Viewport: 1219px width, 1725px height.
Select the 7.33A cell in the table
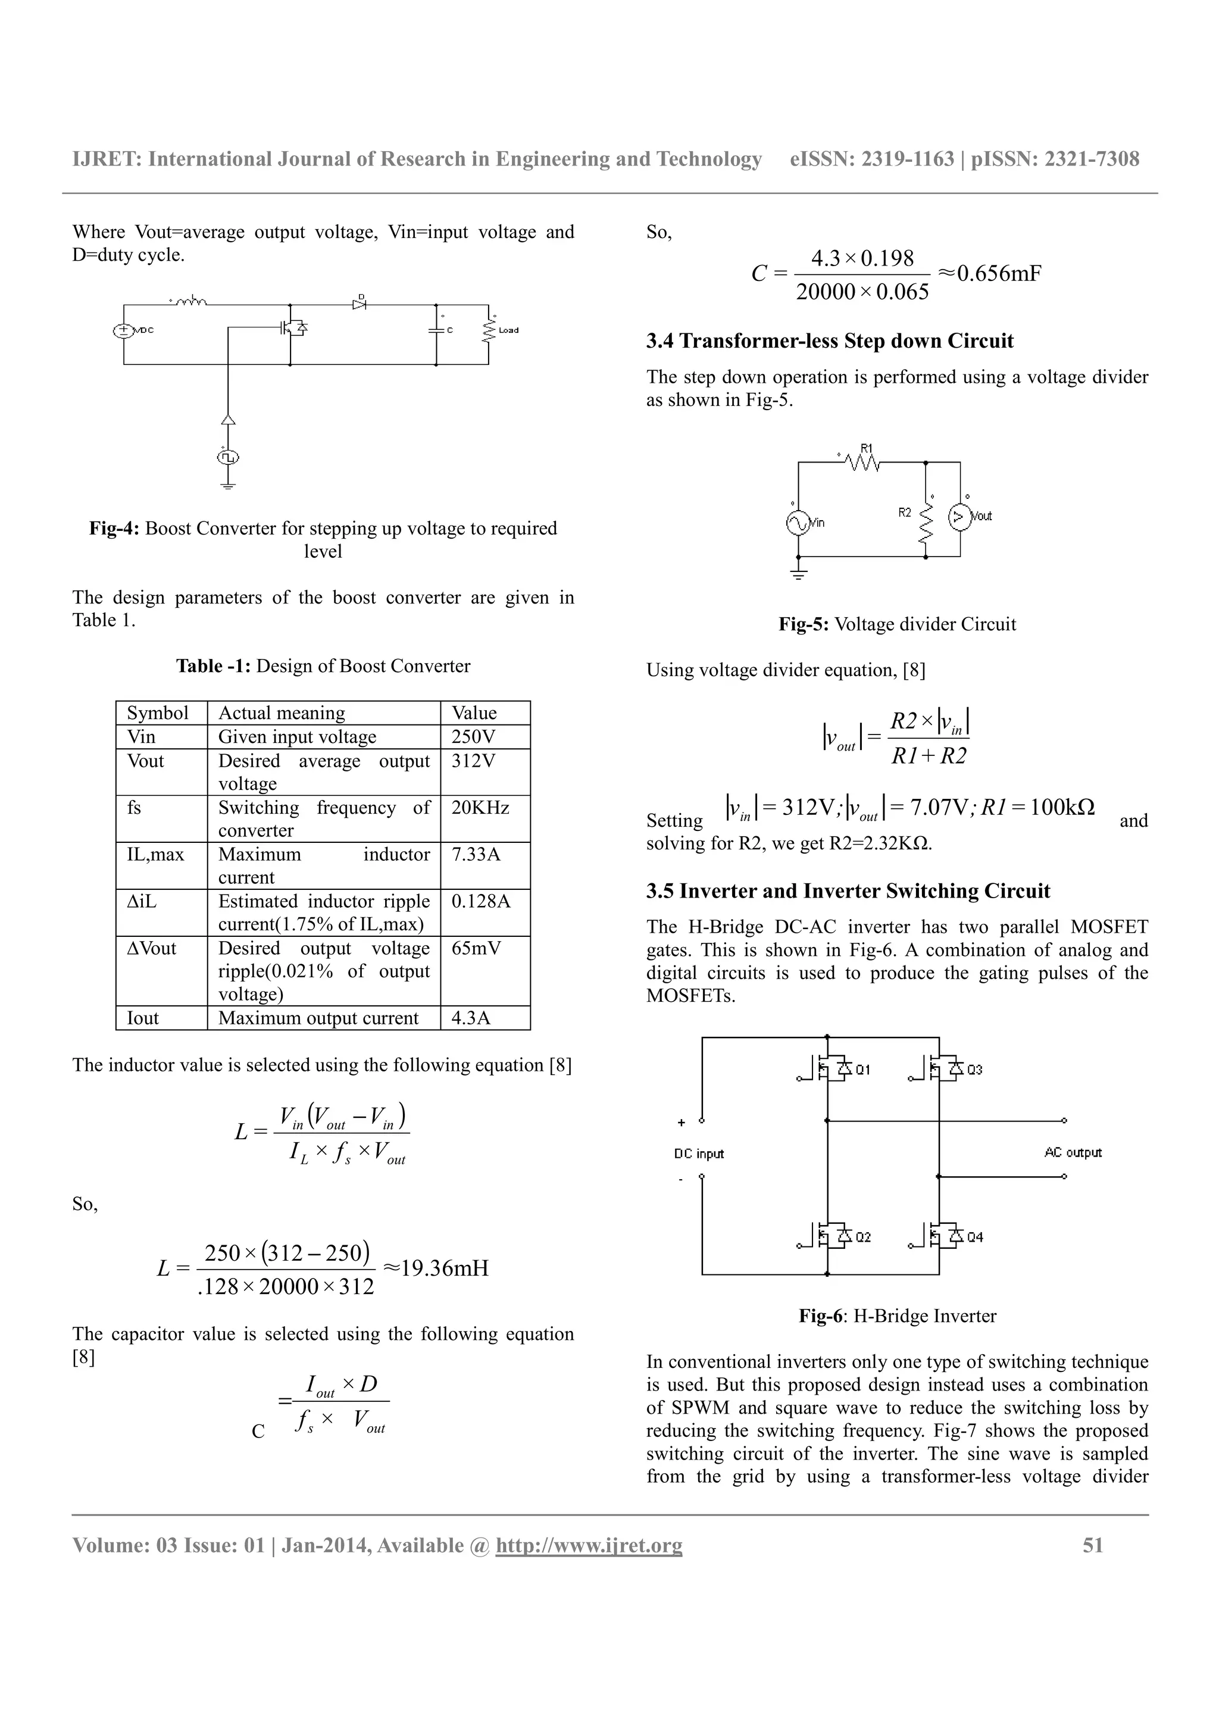[476, 854]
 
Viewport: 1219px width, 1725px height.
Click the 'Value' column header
[474, 713]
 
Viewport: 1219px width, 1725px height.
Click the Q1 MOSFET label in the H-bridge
[863, 1069]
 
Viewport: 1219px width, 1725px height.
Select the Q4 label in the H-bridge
[974, 1237]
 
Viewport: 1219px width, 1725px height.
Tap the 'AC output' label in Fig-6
[1073, 1152]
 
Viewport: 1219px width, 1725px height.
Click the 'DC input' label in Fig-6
[699, 1154]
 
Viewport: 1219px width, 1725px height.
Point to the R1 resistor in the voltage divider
[863, 461]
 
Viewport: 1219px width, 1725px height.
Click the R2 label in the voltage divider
[905, 512]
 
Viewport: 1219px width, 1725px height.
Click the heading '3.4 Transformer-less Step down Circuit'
[829, 341]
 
